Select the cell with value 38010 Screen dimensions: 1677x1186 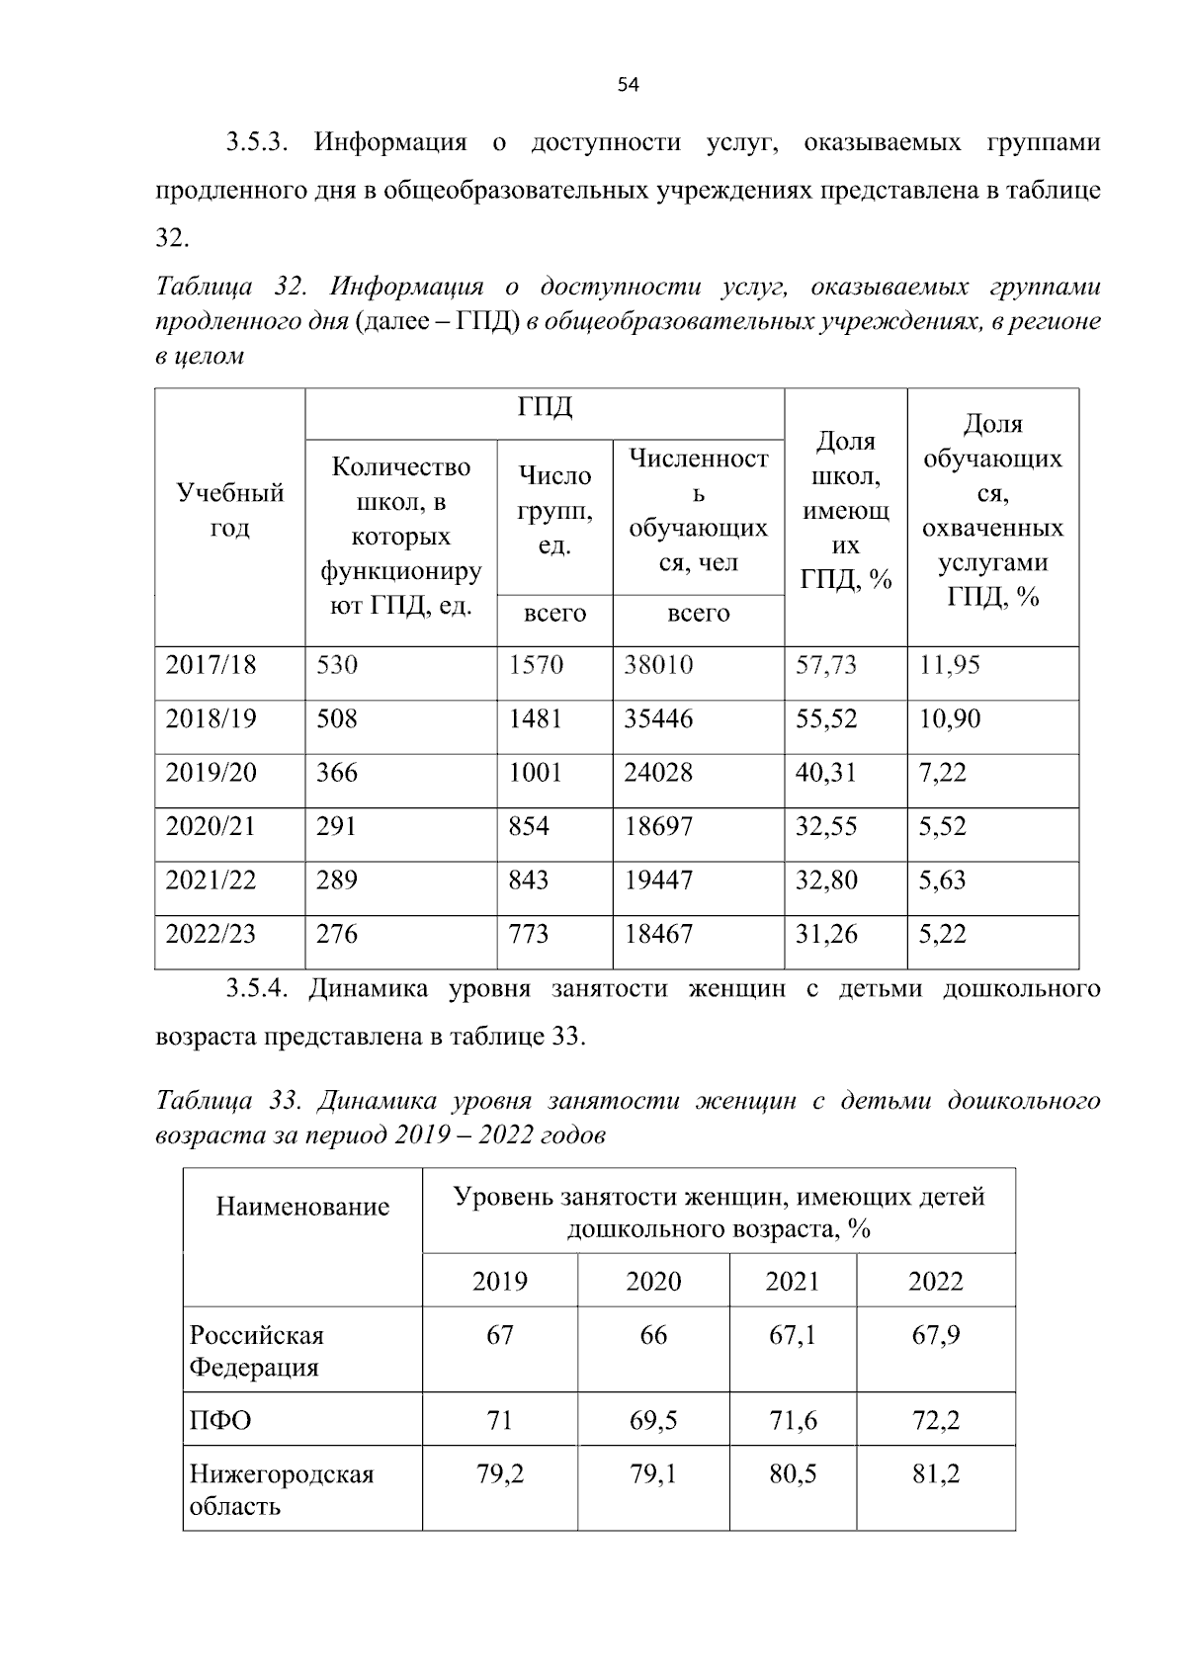658,665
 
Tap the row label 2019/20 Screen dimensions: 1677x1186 211,773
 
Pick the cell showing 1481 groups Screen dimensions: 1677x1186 535,718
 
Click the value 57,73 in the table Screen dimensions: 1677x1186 826,665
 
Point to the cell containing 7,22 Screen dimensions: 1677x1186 942,773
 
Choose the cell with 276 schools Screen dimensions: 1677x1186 337,934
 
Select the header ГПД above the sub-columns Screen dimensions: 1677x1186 545,407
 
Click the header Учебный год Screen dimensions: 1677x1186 229,510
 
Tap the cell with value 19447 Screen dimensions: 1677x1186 658,880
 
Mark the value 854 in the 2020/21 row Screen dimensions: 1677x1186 529,826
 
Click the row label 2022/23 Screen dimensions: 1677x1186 211,934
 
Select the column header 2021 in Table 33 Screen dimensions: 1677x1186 793,1282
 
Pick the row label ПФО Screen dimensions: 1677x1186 220,1421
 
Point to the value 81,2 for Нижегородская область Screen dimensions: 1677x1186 935,1474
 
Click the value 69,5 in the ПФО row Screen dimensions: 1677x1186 653,1421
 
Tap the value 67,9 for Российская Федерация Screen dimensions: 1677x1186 935,1336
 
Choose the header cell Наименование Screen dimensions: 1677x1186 302,1207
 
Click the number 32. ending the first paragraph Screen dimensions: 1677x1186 171,238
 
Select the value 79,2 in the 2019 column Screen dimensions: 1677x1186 500,1474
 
